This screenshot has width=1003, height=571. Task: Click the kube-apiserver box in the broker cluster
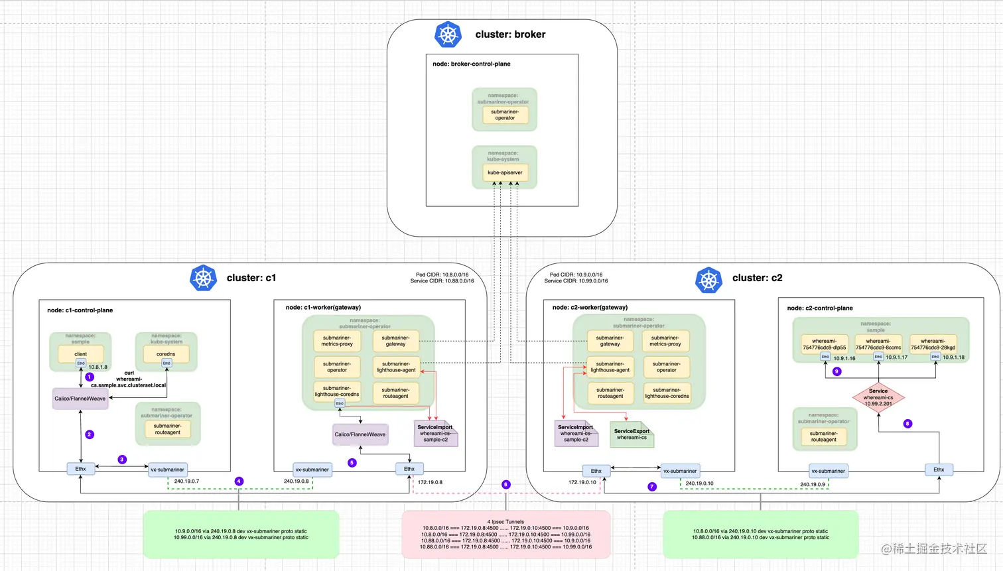click(505, 172)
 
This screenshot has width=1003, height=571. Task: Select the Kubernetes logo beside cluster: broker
click(448, 34)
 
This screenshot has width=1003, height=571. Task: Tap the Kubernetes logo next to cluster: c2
click(708, 280)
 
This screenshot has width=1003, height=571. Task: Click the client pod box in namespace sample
click(80, 354)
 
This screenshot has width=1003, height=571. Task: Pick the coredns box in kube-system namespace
click(166, 354)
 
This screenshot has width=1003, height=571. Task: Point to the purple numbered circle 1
click(90, 377)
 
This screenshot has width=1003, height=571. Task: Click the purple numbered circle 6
click(505, 485)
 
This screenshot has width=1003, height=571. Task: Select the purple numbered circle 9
click(836, 371)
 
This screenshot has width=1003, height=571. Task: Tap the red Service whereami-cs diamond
click(878, 397)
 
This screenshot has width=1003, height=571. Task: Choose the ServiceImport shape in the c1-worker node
click(435, 434)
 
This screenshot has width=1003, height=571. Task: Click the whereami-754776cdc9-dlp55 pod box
click(824, 344)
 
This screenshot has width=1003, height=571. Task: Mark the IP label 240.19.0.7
click(186, 481)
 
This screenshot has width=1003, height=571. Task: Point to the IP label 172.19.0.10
click(582, 482)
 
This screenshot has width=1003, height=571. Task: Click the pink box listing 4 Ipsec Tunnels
click(505, 534)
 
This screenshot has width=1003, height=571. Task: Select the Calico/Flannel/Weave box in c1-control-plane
click(80, 399)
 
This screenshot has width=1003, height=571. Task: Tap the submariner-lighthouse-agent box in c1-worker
click(396, 367)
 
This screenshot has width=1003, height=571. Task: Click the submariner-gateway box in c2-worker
click(610, 341)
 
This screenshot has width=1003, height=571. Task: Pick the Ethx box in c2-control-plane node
click(939, 470)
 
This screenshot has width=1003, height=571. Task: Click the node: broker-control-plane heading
click(471, 64)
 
